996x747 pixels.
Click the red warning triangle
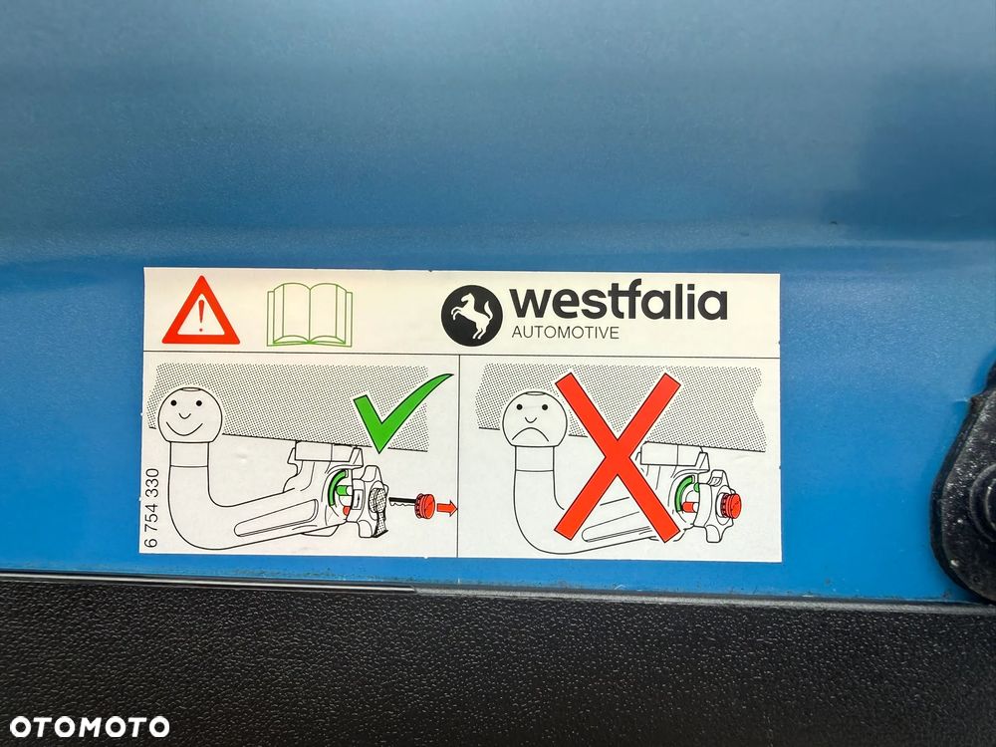point(201,313)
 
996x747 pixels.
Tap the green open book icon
point(310,315)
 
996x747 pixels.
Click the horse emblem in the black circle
point(471,315)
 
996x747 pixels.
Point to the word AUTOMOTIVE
point(566,333)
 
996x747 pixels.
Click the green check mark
point(400,411)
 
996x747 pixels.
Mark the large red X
point(618,457)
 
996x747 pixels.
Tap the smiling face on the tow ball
point(190,414)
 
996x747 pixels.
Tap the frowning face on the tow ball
point(534,419)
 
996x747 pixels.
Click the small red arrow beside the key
point(447,508)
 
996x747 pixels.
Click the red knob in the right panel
point(730,506)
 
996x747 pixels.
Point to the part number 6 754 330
point(151,508)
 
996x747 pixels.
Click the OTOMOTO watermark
point(89,727)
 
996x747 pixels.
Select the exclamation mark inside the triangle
point(201,317)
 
